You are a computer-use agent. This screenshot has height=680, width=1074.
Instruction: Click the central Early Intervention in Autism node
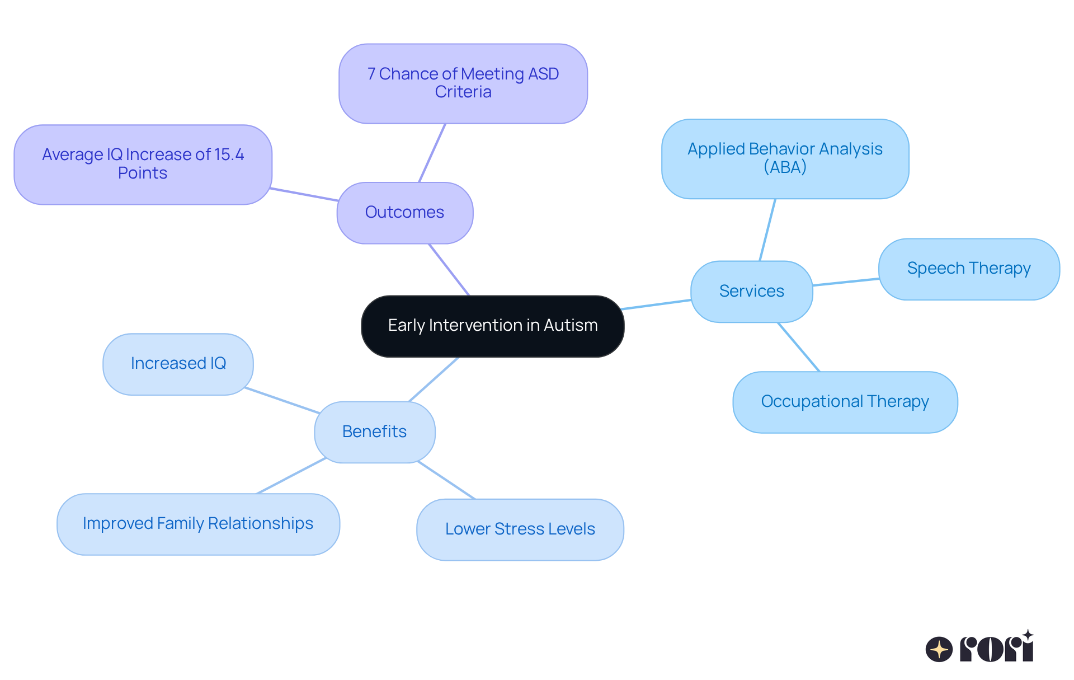click(x=492, y=326)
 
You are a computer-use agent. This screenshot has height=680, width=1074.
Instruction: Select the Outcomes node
click(x=404, y=213)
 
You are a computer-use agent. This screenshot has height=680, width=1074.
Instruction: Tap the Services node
click(x=751, y=292)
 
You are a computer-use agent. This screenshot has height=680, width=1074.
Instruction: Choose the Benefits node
click(x=374, y=432)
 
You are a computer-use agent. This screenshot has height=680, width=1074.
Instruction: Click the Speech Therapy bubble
click(x=968, y=269)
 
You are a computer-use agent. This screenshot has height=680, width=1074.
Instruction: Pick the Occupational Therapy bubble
click(x=845, y=402)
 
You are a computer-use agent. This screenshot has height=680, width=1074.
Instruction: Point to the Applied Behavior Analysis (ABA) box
click(x=785, y=158)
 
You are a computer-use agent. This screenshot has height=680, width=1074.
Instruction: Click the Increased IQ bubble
click(x=178, y=364)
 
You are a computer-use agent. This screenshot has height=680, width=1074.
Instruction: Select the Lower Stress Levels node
click(x=520, y=529)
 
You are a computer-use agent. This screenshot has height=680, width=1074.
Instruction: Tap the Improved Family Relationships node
click(x=198, y=524)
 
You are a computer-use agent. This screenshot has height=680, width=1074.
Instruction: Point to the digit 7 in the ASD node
click(x=371, y=74)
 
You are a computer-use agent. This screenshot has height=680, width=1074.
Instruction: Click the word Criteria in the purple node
click(x=463, y=92)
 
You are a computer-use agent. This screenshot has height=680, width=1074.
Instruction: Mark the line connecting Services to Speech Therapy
click(x=845, y=282)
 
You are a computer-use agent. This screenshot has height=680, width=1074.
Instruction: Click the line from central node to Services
click(x=656, y=304)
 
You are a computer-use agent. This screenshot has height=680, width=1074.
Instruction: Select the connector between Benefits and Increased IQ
click(x=282, y=400)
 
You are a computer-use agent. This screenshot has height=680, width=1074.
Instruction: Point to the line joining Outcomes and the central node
click(x=449, y=269)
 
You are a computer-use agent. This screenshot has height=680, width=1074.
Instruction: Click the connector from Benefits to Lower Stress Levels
click(x=446, y=480)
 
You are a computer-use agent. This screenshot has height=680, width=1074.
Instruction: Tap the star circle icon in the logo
click(x=939, y=649)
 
